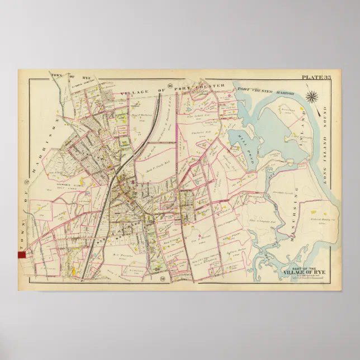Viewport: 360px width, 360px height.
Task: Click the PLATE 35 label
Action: pyautogui.click(x=316, y=77)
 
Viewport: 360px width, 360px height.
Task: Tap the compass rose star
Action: pyautogui.click(x=312, y=97)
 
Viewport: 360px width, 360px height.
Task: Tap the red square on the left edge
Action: pyautogui.click(x=22, y=254)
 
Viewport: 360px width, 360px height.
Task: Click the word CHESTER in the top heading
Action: pyautogui.click(x=212, y=87)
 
